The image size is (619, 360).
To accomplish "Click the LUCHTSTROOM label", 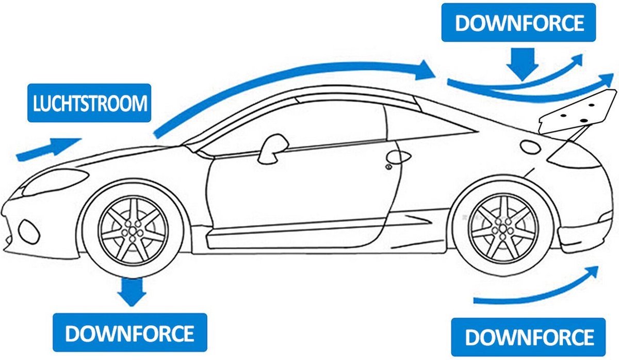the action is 89,103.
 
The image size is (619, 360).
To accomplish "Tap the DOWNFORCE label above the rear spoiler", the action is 518,23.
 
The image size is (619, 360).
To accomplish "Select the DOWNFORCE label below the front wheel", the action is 130,332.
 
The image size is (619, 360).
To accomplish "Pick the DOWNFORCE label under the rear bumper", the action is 528,337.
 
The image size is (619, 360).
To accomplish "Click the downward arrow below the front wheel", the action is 132,292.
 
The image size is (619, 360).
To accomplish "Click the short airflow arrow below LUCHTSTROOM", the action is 48,149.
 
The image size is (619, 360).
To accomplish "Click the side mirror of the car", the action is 272,150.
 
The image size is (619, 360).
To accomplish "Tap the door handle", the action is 398,157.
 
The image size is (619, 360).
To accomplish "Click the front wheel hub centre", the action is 133,231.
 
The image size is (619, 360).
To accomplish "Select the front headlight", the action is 55,181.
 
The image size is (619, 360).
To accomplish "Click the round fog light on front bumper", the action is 28,232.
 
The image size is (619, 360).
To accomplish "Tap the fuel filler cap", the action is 530,147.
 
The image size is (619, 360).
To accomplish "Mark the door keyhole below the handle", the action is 389,167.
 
